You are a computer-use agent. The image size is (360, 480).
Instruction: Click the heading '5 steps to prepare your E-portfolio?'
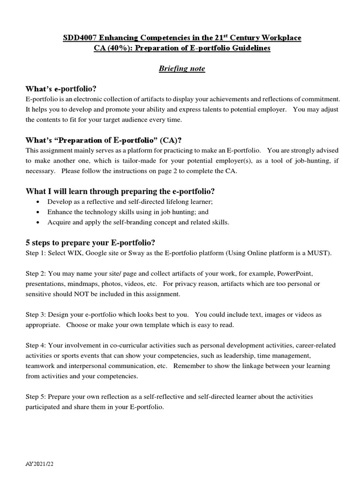(90, 242)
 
